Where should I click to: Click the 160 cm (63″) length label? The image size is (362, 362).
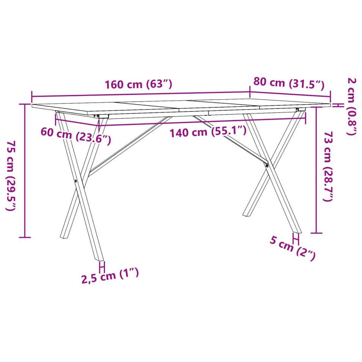point(138,84)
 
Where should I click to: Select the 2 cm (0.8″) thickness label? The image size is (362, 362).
point(352,107)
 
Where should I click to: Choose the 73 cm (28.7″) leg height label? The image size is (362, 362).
point(328,166)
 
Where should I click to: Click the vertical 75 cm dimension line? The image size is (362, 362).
point(25,171)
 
